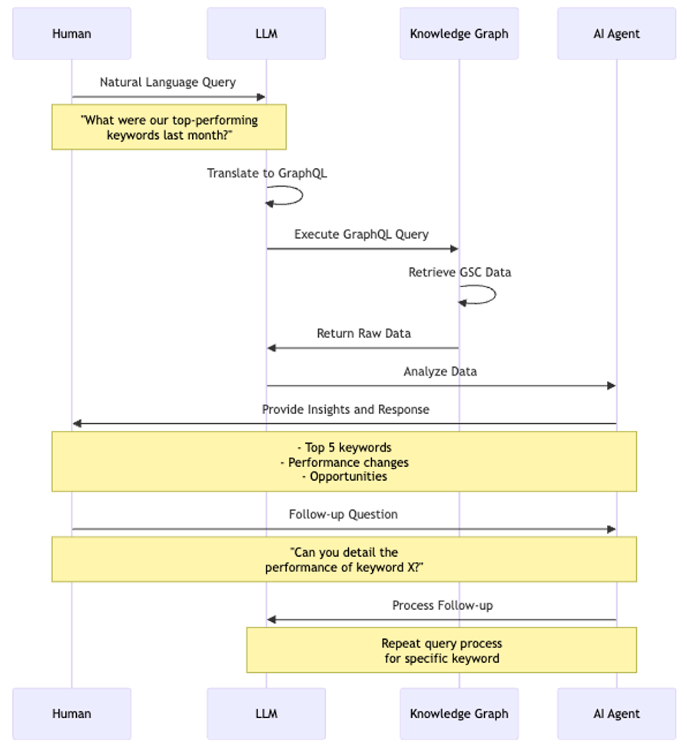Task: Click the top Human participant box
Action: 72,34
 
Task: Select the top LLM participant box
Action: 266,34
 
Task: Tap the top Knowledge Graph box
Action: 459,34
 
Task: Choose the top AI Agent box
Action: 616,34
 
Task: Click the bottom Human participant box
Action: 72,713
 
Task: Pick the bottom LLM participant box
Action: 266,713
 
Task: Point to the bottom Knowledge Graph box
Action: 459,713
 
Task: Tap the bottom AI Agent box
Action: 616,713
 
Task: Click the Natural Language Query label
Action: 168,82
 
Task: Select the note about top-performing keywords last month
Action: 169,127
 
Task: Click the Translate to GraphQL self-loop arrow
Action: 292,196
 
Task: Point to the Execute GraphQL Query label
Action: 361,234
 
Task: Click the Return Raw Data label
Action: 363,333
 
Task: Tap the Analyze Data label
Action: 440,372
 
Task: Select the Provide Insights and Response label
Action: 345,409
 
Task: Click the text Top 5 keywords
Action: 344,448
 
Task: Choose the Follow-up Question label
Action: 343,515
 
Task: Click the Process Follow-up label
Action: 443,605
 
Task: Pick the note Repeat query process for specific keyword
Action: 442,650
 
